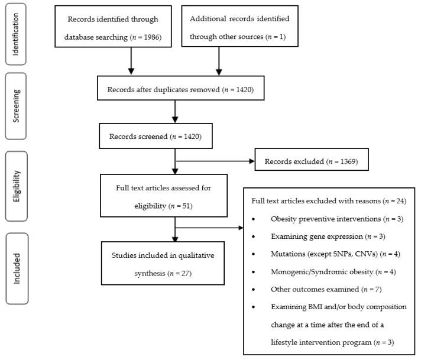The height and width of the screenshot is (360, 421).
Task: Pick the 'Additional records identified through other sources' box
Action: click(x=239, y=28)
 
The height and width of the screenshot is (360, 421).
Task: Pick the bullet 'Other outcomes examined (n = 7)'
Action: click(x=317, y=290)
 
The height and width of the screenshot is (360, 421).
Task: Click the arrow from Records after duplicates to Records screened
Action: click(x=175, y=113)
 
